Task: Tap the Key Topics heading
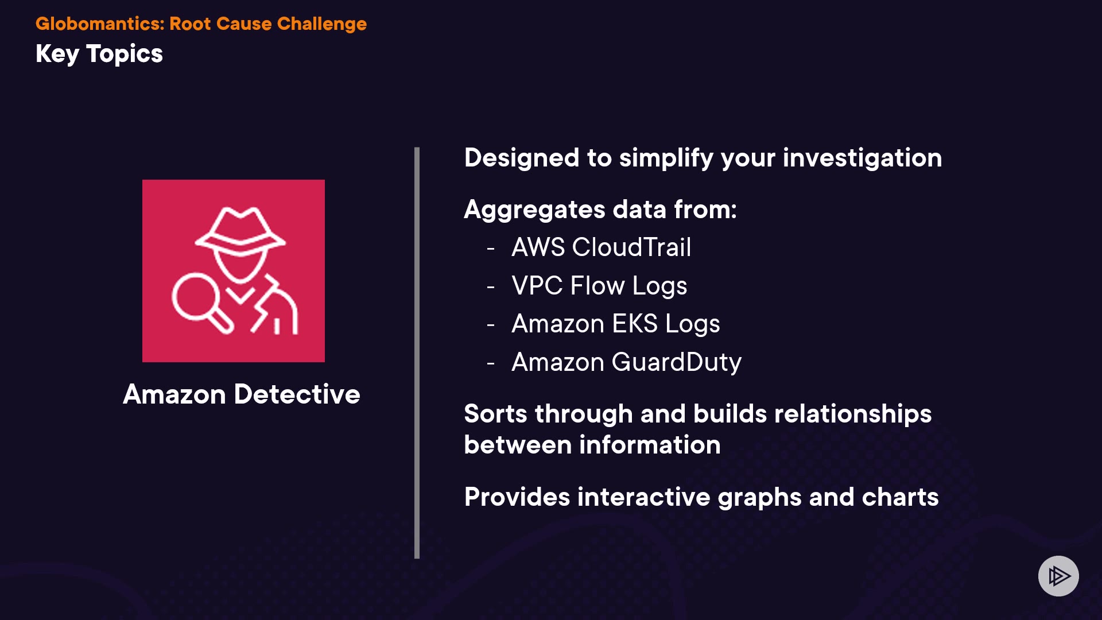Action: click(99, 54)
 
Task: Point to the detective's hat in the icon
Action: click(240, 230)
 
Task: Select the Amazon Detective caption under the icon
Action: click(242, 394)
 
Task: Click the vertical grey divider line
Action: click(417, 352)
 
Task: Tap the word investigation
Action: click(862, 158)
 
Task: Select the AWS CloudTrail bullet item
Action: click(602, 247)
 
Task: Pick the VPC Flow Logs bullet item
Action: click(599, 286)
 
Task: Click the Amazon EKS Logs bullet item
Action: click(616, 324)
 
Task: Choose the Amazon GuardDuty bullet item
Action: click(627, 363)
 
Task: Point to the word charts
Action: click(900, 497)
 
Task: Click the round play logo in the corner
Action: click(1058, 576)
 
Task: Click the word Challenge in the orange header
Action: click(322, 24)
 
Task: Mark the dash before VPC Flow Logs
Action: click(491, 286)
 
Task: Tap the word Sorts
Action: click(495, 414)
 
